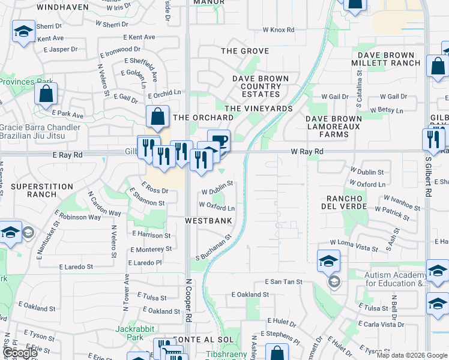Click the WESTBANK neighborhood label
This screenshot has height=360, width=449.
point(208,221)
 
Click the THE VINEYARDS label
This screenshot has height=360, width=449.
point(258,109)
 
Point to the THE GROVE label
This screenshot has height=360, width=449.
point(245,51)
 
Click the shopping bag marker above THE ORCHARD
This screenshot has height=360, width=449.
point(157,118)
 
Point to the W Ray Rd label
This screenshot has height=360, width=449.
point(307,152)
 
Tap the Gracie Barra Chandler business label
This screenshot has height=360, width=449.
point(40,131)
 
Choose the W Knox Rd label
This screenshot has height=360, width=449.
point(278,29)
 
